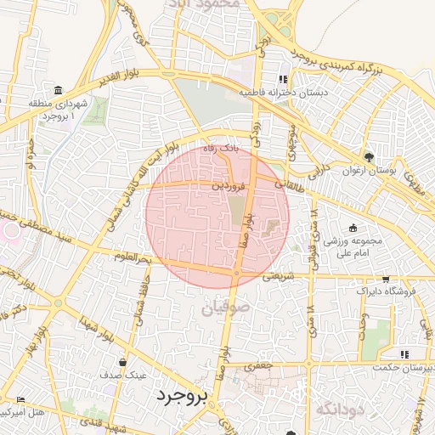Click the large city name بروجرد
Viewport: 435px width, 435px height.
(x=183, y=397)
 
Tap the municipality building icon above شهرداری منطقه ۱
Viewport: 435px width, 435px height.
(x=58, y=91)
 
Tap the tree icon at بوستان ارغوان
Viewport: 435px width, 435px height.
(x=368, y=157)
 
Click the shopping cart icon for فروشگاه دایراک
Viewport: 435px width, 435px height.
(x=386, y=279)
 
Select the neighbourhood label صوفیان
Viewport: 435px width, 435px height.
(x=224, y=308)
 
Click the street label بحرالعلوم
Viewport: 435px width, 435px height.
(x=133, y=257)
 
